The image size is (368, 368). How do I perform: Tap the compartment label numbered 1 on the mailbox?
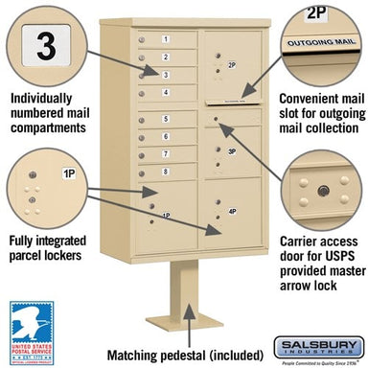(x=165, y=39)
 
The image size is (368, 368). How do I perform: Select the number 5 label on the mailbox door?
(x=165, y=119)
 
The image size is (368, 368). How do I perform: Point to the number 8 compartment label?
(x=165, y=171)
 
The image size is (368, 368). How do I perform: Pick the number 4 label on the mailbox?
(x=165, y=92)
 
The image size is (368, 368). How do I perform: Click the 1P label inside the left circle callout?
(x=69, y=173)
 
